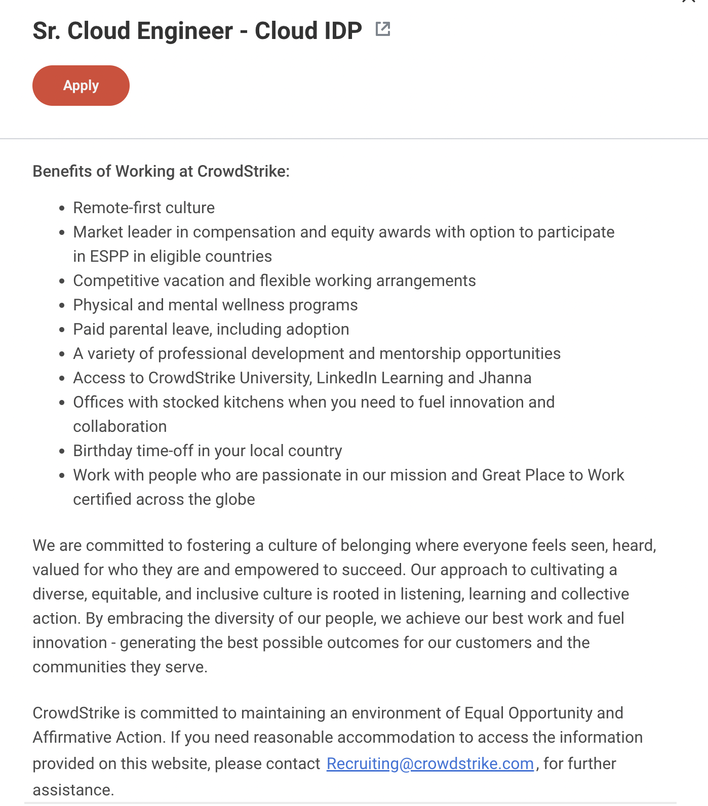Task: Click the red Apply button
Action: pos(81,86)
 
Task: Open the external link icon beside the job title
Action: pos(383,29)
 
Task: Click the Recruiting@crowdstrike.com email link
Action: pos(430,763)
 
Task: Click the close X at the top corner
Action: pos(689,2)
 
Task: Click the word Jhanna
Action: pos(505,378)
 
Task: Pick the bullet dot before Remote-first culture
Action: pos(62,209)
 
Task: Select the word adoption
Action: pos(318,330)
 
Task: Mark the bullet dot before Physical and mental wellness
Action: pos(62,306)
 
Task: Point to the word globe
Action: pos(235,499)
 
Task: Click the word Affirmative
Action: pos(65,737)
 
